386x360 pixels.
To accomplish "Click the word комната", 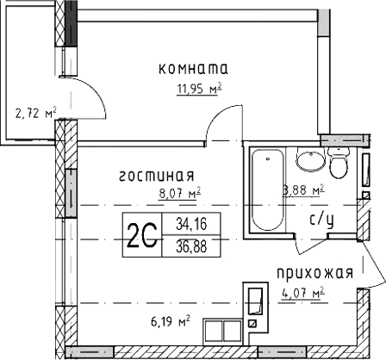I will [193, 67].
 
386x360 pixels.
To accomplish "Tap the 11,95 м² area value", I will [194, 86].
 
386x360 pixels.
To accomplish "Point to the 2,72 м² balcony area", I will [35, 113].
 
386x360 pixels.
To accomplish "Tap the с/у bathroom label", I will [321, 220].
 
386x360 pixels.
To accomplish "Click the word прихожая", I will [315, 274].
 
